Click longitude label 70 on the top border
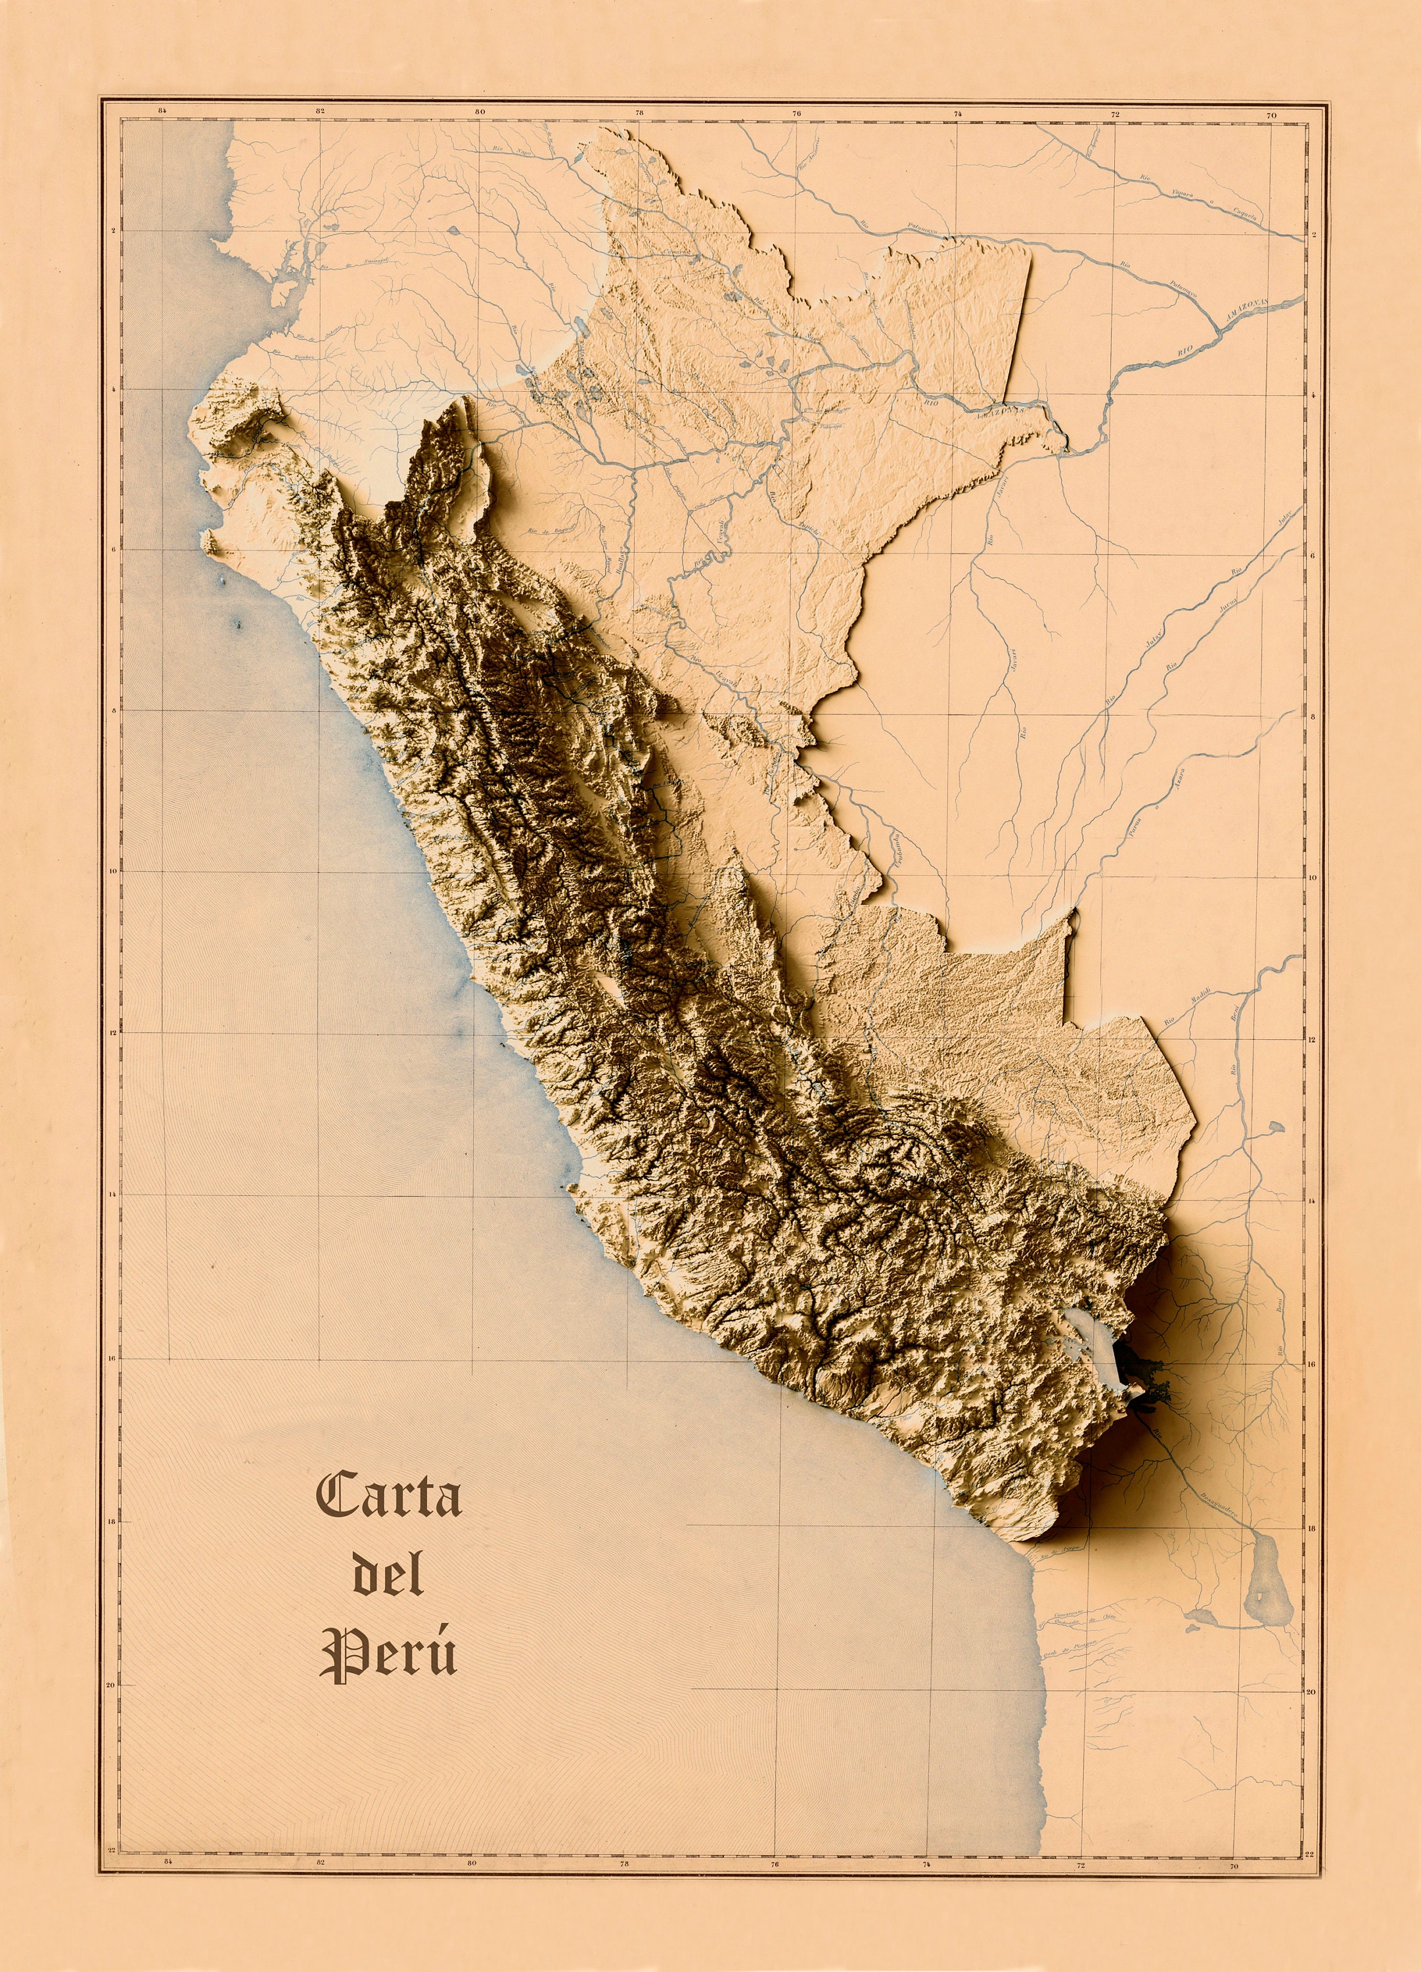coord(1271,115)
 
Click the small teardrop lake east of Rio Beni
coord(1275,1128)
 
